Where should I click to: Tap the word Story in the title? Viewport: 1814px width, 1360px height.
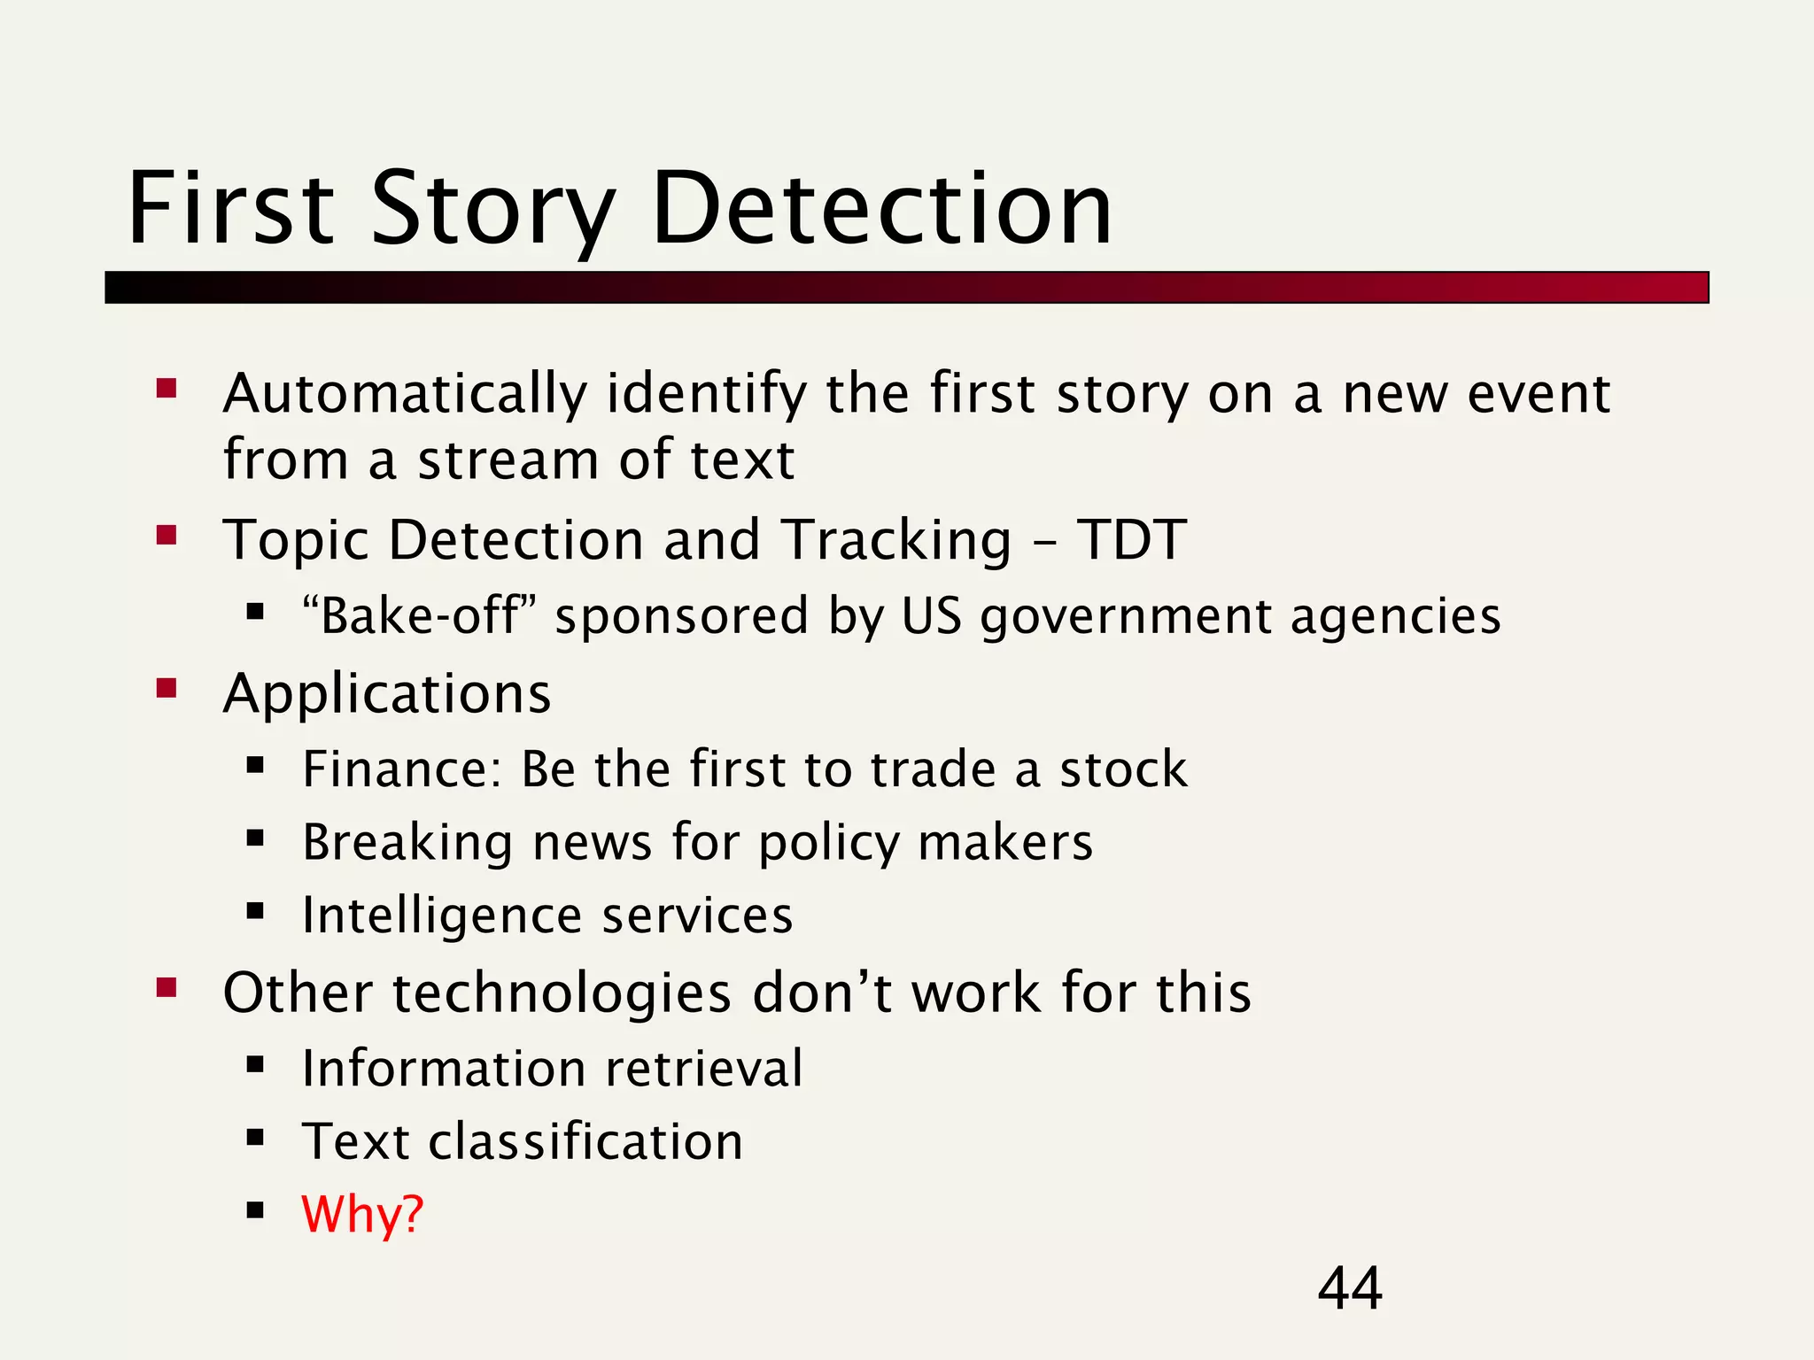click(492, 210)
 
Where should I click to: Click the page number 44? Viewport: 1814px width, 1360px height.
click(1349, 1288)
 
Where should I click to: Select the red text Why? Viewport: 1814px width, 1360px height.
click(362, 1214)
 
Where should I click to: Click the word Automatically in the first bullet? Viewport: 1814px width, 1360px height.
click(405, 394)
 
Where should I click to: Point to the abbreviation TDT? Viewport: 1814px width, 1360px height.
click(1131, 539)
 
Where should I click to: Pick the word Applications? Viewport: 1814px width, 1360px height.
click(387, 693)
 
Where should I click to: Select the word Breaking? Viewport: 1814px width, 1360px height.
click(407, 842)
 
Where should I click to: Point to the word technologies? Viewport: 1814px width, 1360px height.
click(562, 993)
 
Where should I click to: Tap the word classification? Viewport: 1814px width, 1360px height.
click(585, 1141)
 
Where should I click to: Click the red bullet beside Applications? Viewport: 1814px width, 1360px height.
click(167, 688)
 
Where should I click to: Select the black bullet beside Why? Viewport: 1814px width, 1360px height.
click(256, 1209)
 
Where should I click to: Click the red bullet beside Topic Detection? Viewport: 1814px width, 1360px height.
click(167, 535)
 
